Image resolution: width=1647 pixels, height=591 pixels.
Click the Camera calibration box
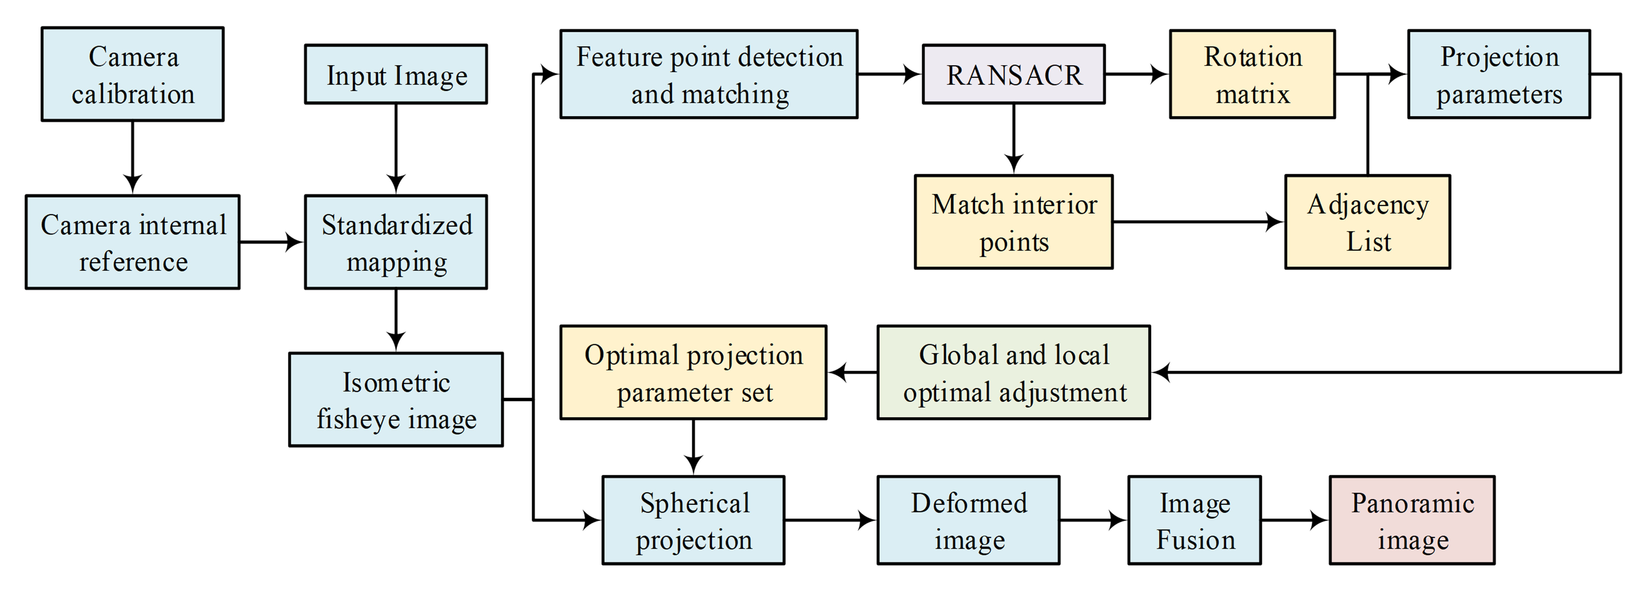click(132, 74)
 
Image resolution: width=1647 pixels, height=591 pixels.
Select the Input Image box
click(396, 74)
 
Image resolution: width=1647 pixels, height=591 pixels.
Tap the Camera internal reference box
click(132, 242)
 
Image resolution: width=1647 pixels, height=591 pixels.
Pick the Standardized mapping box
click(396, 242)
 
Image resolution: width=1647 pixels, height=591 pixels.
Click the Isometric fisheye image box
click(396, 400)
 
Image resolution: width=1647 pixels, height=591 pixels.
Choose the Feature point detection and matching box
click(708, 74)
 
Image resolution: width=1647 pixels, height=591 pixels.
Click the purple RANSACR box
click(1013, 74)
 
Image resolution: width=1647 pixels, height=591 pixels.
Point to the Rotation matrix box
click(1252, 74)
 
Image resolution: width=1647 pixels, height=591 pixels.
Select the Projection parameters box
click(1499, 74)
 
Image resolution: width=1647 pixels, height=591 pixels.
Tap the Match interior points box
click(1013, 222)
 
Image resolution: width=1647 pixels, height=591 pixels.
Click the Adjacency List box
click(1368, 222)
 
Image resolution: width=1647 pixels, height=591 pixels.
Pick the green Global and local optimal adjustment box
click(1013, 372)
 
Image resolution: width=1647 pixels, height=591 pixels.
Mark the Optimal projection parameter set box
click(693, 372)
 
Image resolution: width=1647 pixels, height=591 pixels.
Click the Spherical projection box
click(693, 520)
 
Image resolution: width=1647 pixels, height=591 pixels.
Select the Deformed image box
click(968, 520)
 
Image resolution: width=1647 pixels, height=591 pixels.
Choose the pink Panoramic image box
click(1412, 520)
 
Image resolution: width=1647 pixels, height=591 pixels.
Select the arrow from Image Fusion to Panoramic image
click(1295, 520)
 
